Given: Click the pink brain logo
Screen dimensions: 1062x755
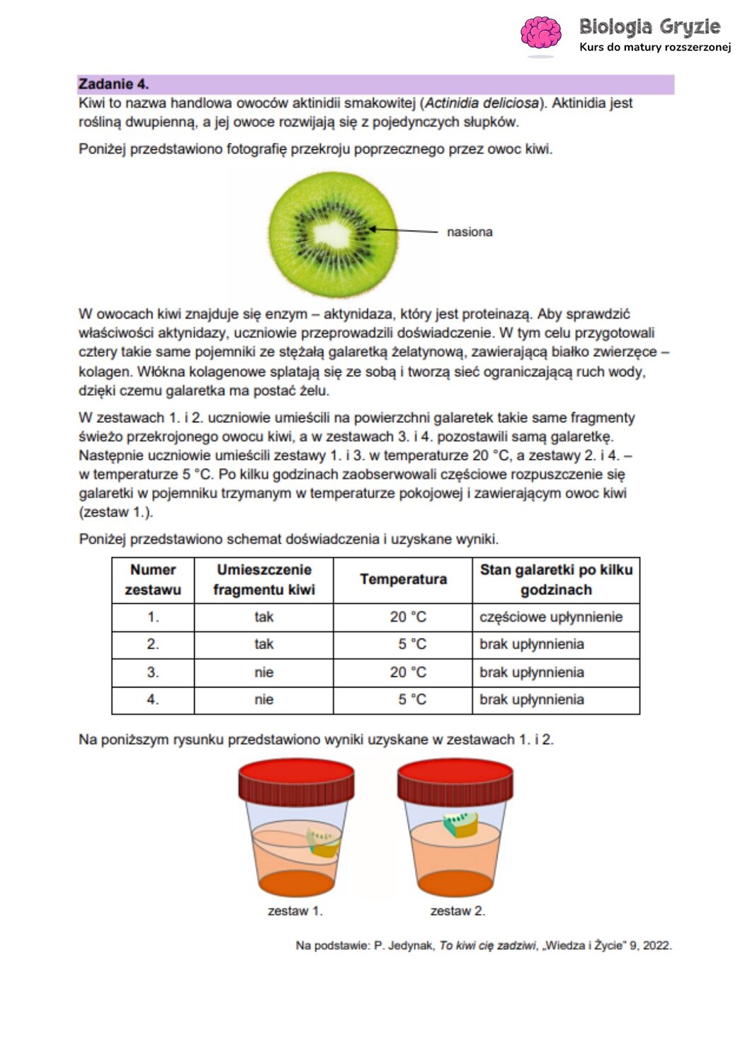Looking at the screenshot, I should click(x=540, y=33).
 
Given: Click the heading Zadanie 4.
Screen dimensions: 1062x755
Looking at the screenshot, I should click(x=113, y=84).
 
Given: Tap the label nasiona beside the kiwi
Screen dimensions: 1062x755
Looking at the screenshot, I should click(x=470, y=232).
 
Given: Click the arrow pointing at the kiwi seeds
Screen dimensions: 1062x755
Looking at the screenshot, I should click(x=404, y=230).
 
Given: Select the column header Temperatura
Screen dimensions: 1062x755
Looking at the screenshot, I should click(x=403, y=580).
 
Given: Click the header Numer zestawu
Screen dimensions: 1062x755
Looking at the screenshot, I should click(x=153, y=580).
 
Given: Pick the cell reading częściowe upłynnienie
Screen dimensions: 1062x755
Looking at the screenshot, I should click(x=551, y=617).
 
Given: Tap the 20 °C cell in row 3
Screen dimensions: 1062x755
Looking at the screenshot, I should click(x=408, y=673).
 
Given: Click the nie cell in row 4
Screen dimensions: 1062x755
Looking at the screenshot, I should click(x=263, y=700).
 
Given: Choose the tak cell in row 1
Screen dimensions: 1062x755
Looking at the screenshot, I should click(x=263, y=617).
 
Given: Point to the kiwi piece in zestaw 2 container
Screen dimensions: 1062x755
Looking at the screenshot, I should click(x=460, y=824).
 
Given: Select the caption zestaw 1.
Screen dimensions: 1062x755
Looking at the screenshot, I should click(x=295, y=911).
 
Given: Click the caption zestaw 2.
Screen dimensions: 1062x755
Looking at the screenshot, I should click(x=458, y=911).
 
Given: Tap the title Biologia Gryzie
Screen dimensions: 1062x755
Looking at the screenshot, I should click(x=649, y=27).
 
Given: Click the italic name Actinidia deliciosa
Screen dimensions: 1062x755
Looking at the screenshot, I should click(x=482, y=103).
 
